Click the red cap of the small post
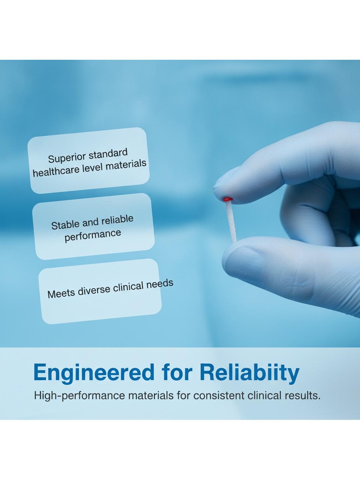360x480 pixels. click(227, 199)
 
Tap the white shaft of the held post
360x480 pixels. click(232, 221)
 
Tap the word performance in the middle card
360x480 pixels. click(93, 236)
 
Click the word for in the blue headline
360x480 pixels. click(177, 372)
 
